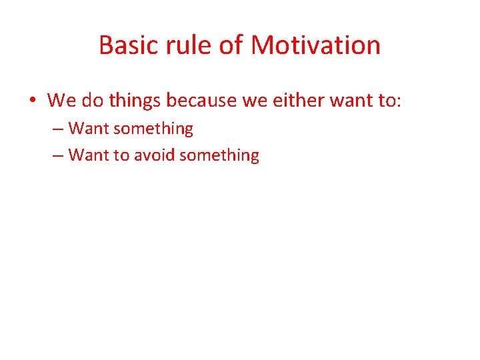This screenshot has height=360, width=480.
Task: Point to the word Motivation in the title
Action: tap(316, 45)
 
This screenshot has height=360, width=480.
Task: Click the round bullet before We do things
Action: tap(33, 101)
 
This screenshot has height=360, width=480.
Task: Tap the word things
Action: tap(135, 101)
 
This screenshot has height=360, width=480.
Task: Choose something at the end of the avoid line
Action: tap(219, 155)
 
